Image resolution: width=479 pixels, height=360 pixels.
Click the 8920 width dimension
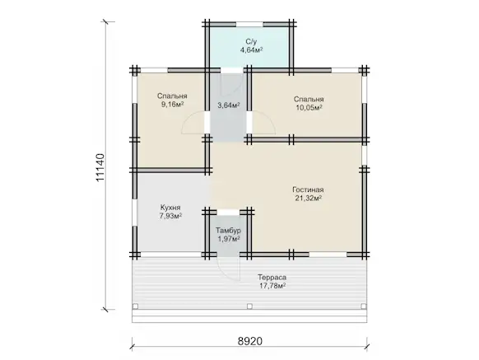tap(250, 341)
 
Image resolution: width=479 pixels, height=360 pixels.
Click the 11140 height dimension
tap(100, 167)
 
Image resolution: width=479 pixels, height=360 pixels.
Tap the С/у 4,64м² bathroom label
tap(251, 45)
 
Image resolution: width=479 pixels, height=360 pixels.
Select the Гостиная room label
tap(308, 189)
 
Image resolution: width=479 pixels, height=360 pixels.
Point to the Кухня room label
tap(170, 208)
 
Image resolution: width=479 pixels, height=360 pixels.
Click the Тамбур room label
tap(228, 231)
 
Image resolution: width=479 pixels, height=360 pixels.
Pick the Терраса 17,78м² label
tap(272, 282)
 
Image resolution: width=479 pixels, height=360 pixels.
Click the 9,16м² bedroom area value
tap(172, 105)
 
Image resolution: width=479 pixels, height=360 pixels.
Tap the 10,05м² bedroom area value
tap(309, 107)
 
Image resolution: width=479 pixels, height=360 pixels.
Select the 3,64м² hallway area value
tap(229, 105)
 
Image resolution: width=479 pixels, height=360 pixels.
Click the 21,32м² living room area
tap(308, 198)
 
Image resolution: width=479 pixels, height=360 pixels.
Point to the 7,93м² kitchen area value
tap(170, 216)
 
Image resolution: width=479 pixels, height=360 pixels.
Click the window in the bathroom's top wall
tap(249, 25)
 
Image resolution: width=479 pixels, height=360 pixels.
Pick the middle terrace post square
tap(249, 306)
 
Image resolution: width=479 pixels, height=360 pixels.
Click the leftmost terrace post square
tap(135, 306)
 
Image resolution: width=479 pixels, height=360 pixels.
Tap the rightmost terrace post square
tap(364, 306)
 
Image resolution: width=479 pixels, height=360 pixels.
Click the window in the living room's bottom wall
tap(328, 255)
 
